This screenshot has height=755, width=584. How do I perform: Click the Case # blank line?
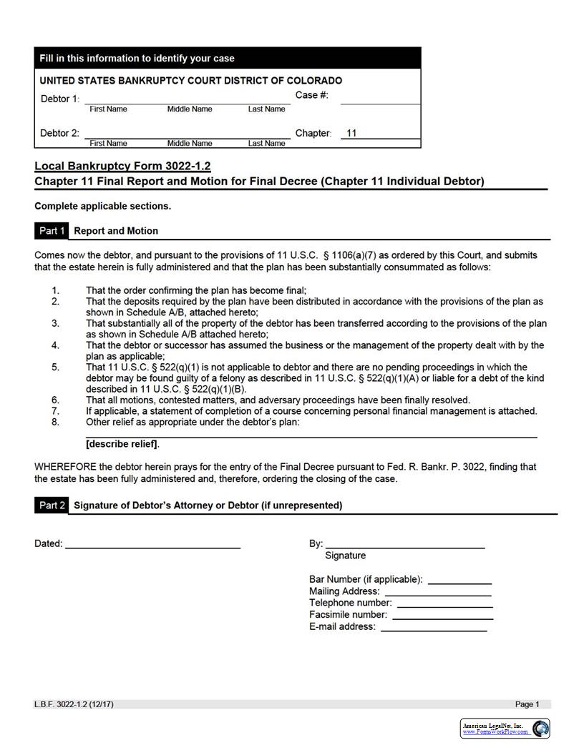[379, 99]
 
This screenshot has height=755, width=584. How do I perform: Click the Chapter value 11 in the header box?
[351, 133]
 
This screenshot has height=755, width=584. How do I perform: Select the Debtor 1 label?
[59, 99]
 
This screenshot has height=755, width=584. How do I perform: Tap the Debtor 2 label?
[59, 133]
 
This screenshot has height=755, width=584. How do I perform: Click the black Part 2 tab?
[52, 505]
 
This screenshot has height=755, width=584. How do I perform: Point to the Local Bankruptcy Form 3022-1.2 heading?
[122, 166]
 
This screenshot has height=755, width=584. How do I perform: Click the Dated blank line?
[152, 544]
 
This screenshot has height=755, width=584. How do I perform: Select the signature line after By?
[405, 544]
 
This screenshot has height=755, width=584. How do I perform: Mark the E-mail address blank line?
[434, 627]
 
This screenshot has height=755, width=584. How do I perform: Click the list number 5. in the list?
[56, 367]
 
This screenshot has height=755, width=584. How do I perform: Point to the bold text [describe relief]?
[122, 444]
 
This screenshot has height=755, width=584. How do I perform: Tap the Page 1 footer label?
[527, 704]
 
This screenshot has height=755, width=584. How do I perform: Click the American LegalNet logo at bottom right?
[505, 729]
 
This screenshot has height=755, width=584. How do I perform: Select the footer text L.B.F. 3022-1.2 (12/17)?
[74, 704]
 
